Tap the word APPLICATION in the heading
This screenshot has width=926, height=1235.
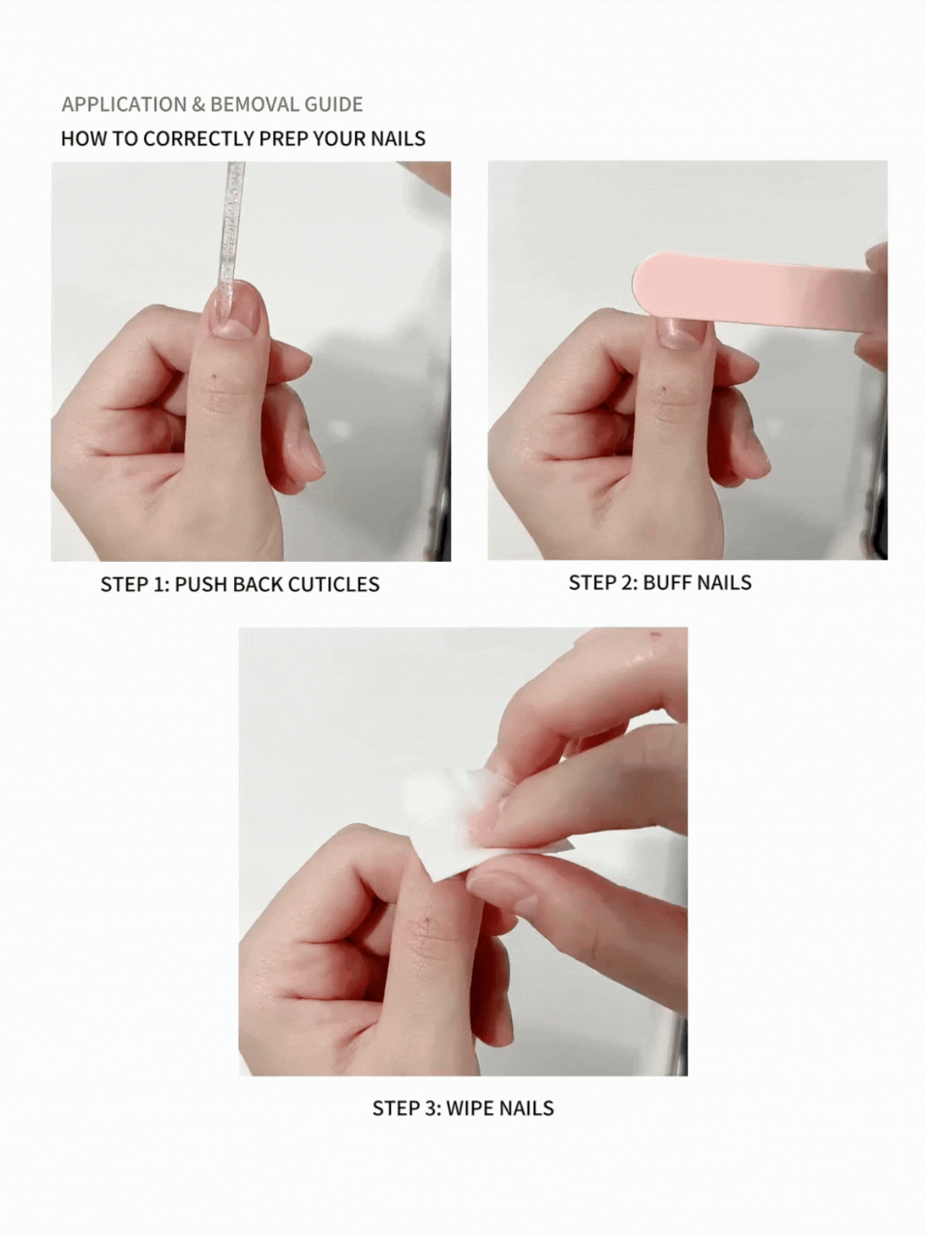tap(124, 104)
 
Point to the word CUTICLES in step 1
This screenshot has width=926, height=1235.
tap(333, 585)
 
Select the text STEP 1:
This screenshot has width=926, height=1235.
tap(135, 585)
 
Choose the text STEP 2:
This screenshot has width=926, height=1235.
tap(604, 583)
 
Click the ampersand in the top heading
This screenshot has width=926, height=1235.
tap(199, 104)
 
